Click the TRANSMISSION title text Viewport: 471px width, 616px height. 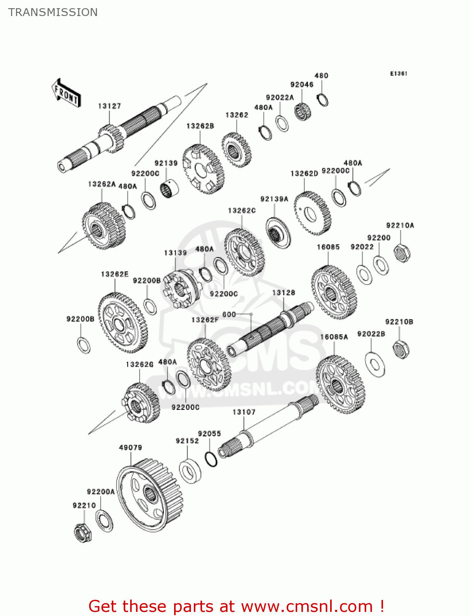pyautogui.click(x=53, y=12)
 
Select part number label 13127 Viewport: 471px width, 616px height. pyautogui.click(x=109, y=106)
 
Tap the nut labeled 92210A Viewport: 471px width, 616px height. pyautogui.click(x=402, y=253)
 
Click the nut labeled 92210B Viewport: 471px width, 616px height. pyautogui.click(x=400, y=349)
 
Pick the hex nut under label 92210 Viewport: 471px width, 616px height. pyautogui.click(x=83, y=533)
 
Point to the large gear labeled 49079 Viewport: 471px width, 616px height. pyautogui.click(x=149, y=495)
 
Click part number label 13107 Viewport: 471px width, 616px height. pyautogui.click(x=244, y=412)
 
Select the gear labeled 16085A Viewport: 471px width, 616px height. pyautogui.click(x=340, y=384)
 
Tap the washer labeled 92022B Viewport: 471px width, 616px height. pyautogui.click(x=375, y=364)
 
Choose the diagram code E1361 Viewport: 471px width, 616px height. pyautogui.click(x=398, y=74)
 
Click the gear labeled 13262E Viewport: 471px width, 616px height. pyautogui.click(x=122, y=323)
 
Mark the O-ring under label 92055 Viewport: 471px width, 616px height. pyautogui.click(x=211, y=459)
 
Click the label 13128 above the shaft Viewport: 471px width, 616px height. pyautogui.click(x=283, y=292)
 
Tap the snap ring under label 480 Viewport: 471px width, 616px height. pyautogui.click(x=323, y=100)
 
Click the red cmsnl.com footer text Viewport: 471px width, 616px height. pyautogui.click(x=236, y=606)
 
